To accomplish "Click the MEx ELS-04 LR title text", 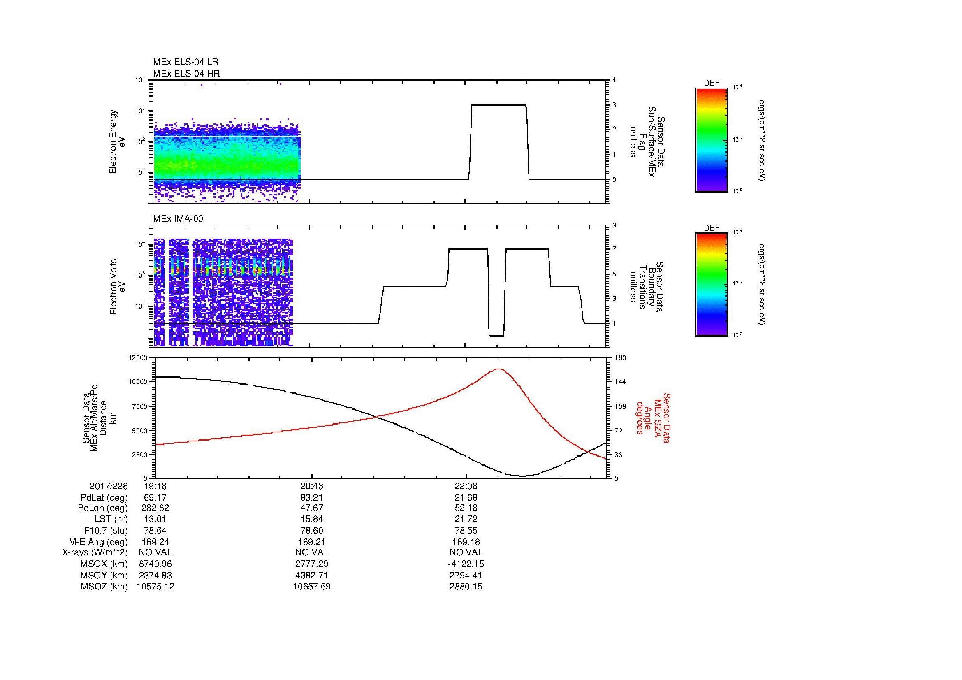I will [185, 62].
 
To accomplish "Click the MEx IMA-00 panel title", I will [178, 219].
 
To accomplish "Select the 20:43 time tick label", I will [311, 486].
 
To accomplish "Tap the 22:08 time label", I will [466, 486].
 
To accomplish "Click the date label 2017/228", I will [109, 486].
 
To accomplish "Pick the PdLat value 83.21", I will [311, 498].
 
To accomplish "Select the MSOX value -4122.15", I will [466, 564].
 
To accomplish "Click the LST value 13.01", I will [155, 520].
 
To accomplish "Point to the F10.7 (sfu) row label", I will [106, 530].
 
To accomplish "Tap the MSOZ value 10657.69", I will [311, 587].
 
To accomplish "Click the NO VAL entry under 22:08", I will [466, 552].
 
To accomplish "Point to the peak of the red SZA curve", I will [498, 369].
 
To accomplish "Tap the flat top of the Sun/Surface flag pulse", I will [498, 105].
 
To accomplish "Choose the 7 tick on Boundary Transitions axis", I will [614, 249].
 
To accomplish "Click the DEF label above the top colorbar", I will [712, 83].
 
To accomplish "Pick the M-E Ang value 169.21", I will [311, 542].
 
